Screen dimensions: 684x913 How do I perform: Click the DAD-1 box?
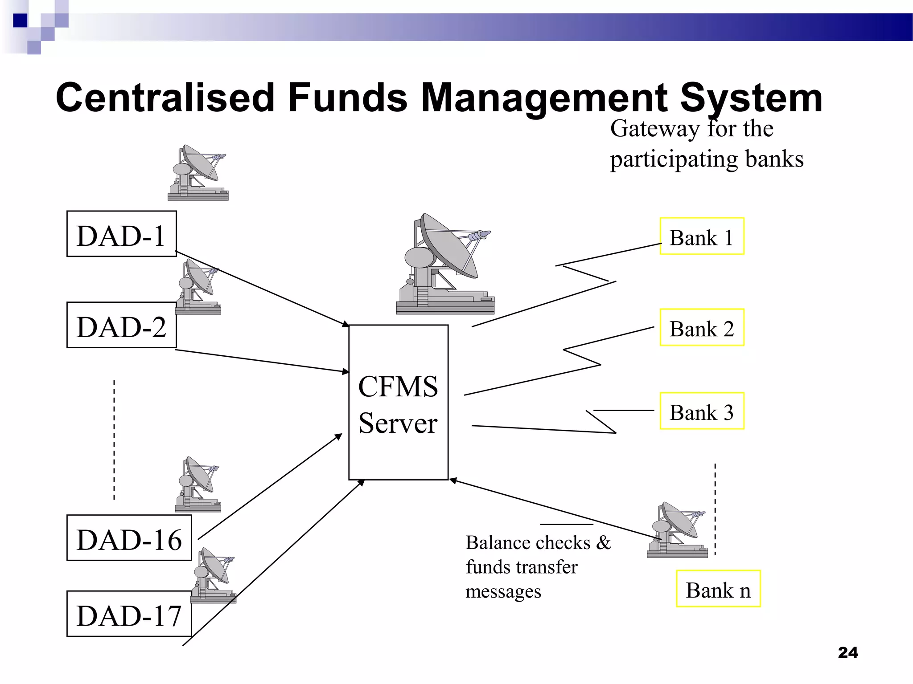pyautogui.click(x=121, y=234)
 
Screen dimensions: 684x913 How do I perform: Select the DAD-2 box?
pyautogui.click(x=121, y=325)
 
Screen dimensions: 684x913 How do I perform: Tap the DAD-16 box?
pyautogui.click(x=129, y=538)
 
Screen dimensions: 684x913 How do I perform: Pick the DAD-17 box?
pyautogui.click(x=129, y=614)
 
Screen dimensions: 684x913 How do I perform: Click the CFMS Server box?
pyautogui.click(x=398, y=403)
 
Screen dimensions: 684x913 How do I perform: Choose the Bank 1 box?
pyautogui.click(x=702, y=236)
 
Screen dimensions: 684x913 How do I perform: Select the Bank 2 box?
pyautogui.click(x=702, y=327)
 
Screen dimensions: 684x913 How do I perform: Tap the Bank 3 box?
pyautogui.click(x=702, y=411)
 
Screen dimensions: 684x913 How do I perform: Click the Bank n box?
pyautogui.click(x=718, y=589)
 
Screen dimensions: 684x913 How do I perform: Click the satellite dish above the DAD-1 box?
pyautogui.click(x=198, y=173)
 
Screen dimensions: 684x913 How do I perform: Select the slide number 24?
pyautogui.click(x=847, y=653)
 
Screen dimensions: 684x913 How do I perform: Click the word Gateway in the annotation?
pyautogui.click(x=654, y=130)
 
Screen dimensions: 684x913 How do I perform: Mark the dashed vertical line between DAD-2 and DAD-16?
pyautogui.click(x=114, y=440)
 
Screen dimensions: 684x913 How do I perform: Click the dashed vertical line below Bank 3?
pyautogui.click(x=715, y=509)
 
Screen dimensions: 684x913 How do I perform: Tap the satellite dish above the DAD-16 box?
pyautogui.click(x=198, y=484)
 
